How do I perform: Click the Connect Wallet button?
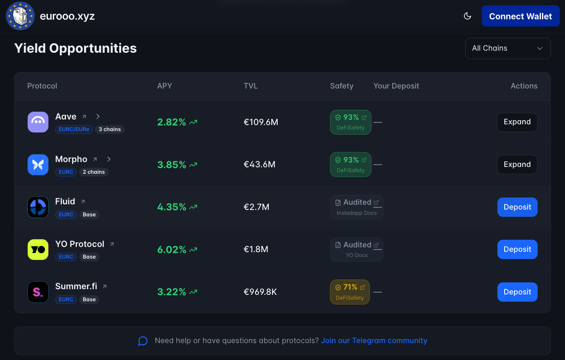click(520, 16)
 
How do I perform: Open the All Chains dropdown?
click(507, 48)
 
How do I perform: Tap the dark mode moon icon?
click(467, 16)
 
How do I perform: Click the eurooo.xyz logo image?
click(20, 16)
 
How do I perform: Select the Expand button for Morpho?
click(517, 165)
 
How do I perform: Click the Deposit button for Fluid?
click(517, 207)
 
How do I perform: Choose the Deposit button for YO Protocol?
click(517, 249)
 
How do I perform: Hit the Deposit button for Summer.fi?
click(517, 292)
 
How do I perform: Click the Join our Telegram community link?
click(374, 341)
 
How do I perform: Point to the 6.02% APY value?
click(172, 250)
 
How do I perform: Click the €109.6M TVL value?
click(261, 122)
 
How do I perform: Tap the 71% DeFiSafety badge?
click(350, 292)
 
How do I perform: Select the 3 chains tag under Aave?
click(109, 130)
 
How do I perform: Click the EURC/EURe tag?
click(74, 130)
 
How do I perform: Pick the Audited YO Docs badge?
click(357, 249)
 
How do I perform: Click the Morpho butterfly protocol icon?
click(38, 165)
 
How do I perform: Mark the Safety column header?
click(342, 86)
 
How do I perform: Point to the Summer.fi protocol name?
click(76, 286)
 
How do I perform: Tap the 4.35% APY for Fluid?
click(172, 207)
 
